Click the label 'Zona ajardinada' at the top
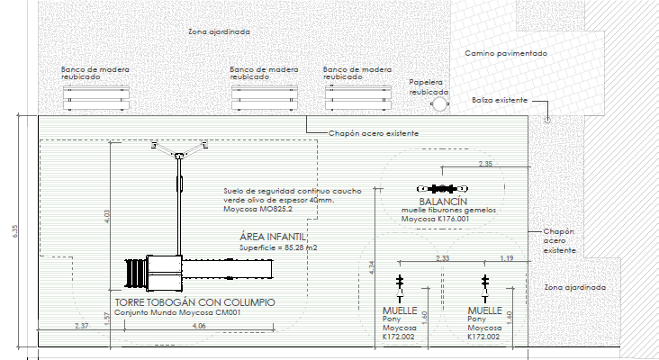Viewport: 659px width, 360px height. [219, 31]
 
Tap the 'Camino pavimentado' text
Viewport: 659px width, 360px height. [506, 54]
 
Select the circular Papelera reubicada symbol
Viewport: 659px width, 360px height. [439, 104]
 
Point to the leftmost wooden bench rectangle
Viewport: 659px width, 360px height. [95, 99]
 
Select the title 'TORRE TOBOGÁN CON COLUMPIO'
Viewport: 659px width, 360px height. [194, 302]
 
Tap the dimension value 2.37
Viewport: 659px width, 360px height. [82, 325]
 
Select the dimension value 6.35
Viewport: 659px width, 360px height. [15, 231]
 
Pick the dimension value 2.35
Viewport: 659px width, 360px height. [485, 164]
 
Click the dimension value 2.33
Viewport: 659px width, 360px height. [442, 258]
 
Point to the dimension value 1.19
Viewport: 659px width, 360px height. [506, 258]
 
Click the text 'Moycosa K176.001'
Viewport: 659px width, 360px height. [436, 219]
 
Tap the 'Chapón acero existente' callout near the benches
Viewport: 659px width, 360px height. [373, 134]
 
